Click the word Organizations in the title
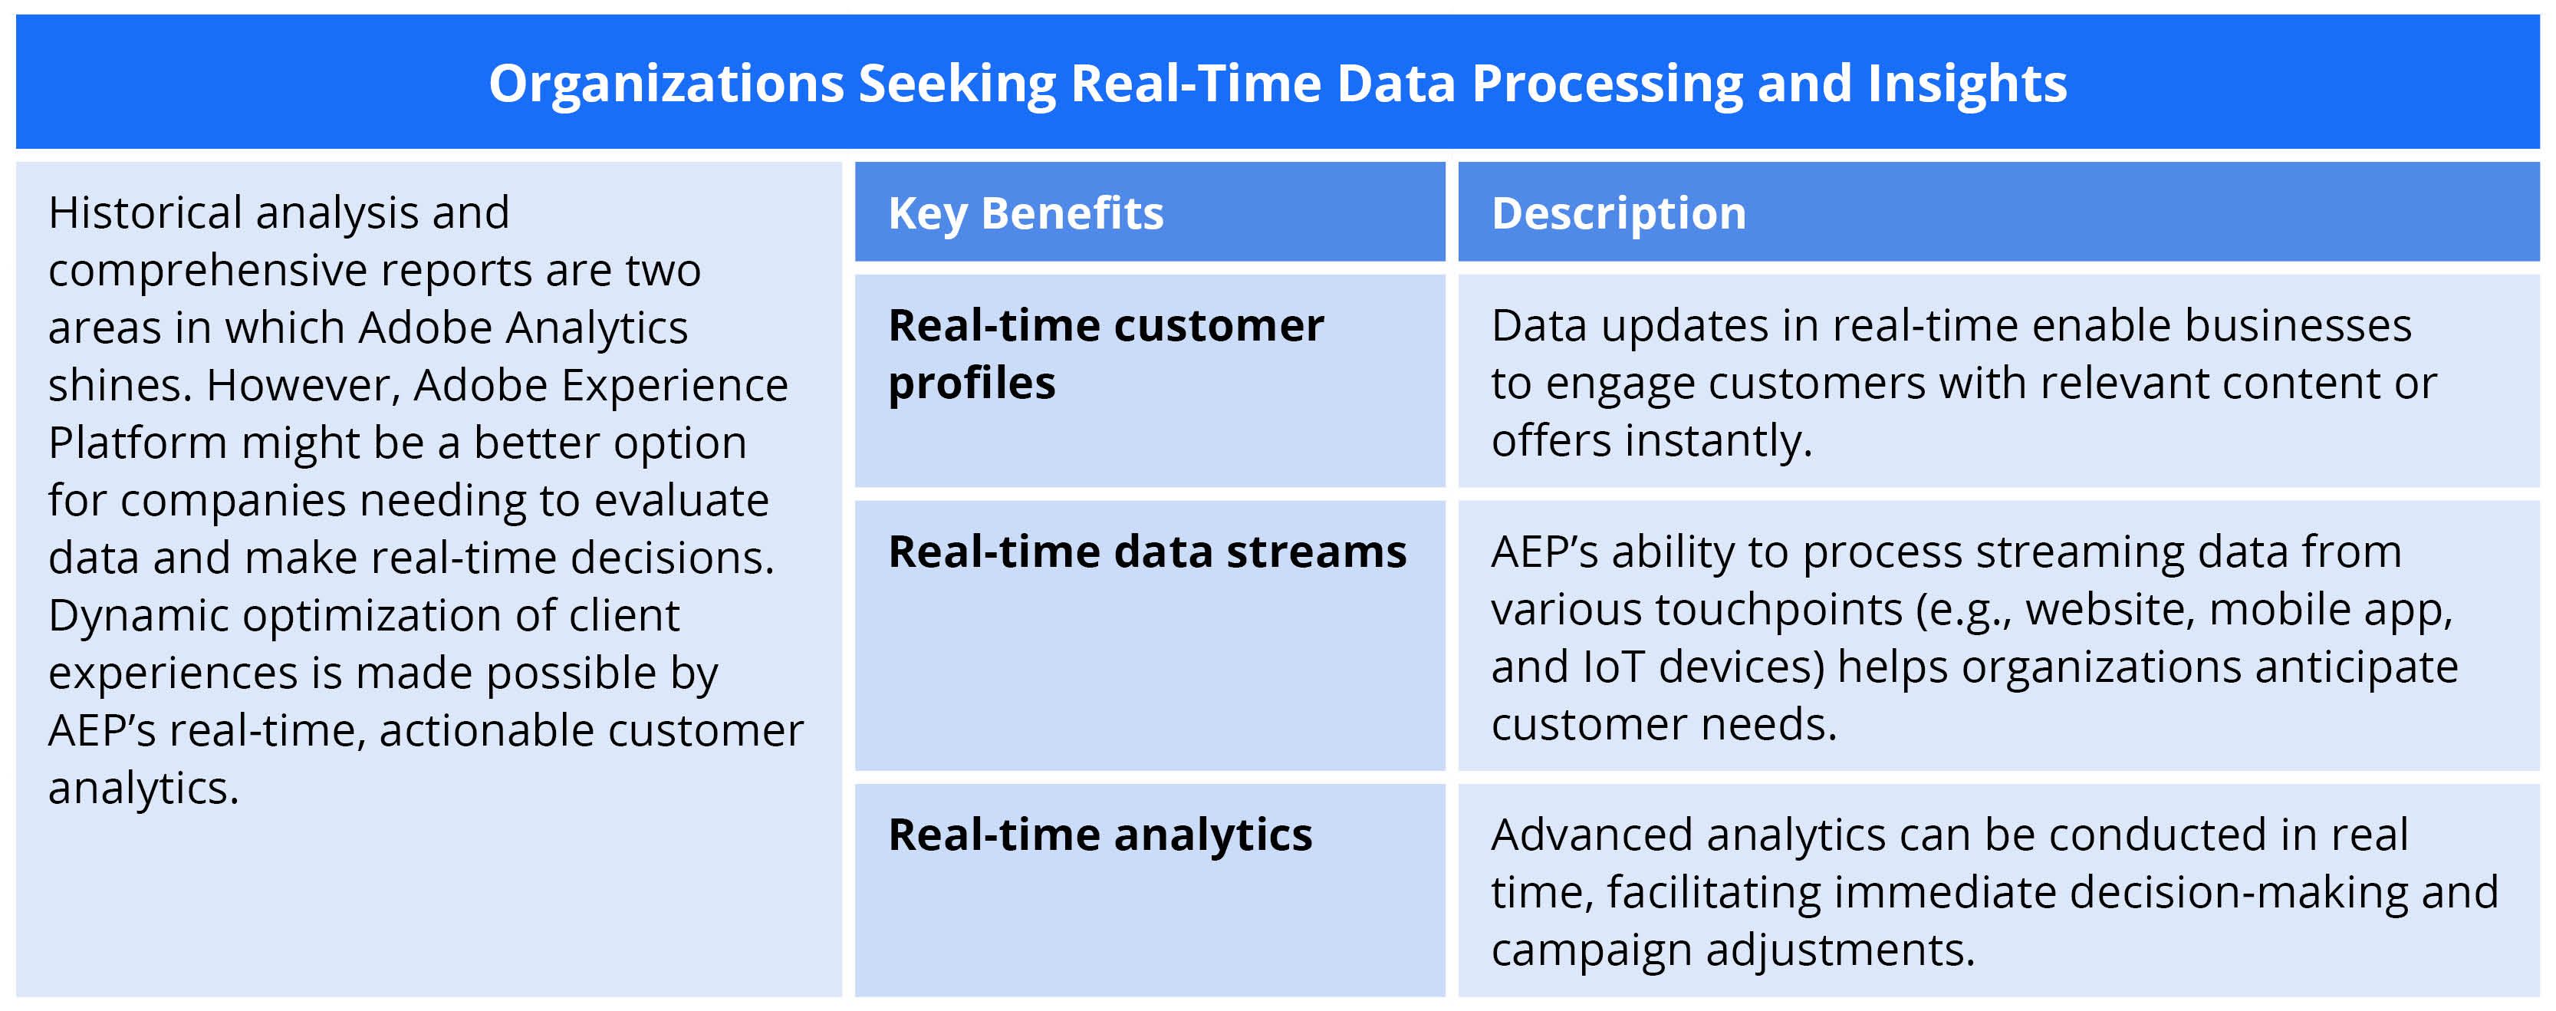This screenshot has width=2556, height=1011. tap(666, 84)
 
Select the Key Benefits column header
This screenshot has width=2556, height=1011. tap(1025, 213)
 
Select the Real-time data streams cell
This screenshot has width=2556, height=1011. tap(1147, 552)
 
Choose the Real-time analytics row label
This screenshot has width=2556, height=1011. tap(1100, 835)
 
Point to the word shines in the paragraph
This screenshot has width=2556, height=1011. tap(118, 385)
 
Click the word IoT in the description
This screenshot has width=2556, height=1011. tap(1614, 667)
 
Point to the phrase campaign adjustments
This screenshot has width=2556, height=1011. tap(1732, 950)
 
